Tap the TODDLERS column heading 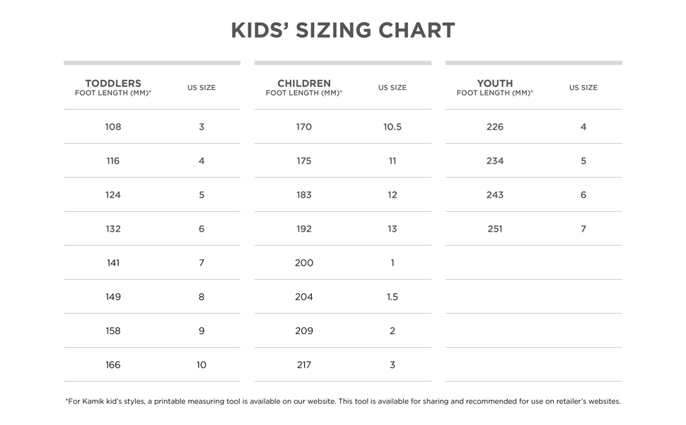pyautogui.click(x=113, y=84)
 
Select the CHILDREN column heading pyautogui.click(x=304, y=84)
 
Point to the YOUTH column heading pyautogui.click(x=495, y=84)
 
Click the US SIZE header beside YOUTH pyautogui.click(x=583, y=88)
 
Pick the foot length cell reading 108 pyautogui.click(x=113, y=127)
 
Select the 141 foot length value pyautogui.click(x=113, y=263)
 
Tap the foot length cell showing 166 pyautogui.click(x=113, y=365)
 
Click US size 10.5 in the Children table pyautogui.click(x=393, y=127)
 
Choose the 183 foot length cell pyautogui.click(x=304, y=195)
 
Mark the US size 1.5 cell pyautogui.click(x=393, y=297)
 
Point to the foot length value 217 pyautogui.click(x=304, y=365)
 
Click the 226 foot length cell pyautogui.click(x=495, y=127)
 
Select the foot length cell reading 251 pyautogui.click(x=495, y=229)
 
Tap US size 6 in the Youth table pyautogui.click(x=583, y=195)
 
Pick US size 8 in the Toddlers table pyautogui.click(x=202, y=297)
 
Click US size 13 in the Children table pyautogui.click(x=393, y=229)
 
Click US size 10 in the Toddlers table pyautogui.click(x=202, y=365)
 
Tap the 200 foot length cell pyautogui.click(x=304, y=263)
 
